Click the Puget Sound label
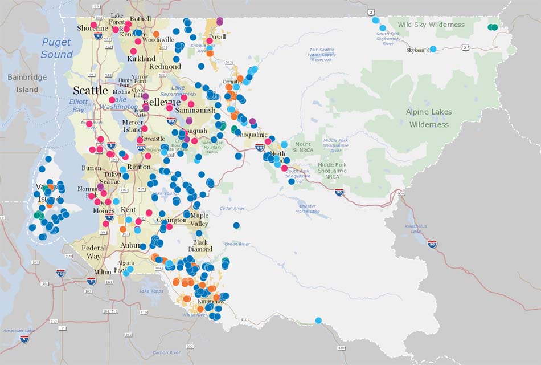57,48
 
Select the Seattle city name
90,90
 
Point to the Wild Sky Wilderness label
431,25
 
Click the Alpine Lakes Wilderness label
429,118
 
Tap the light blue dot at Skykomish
433,49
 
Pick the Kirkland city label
141,59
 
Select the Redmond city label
165,67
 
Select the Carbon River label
166,352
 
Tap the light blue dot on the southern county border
318,321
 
